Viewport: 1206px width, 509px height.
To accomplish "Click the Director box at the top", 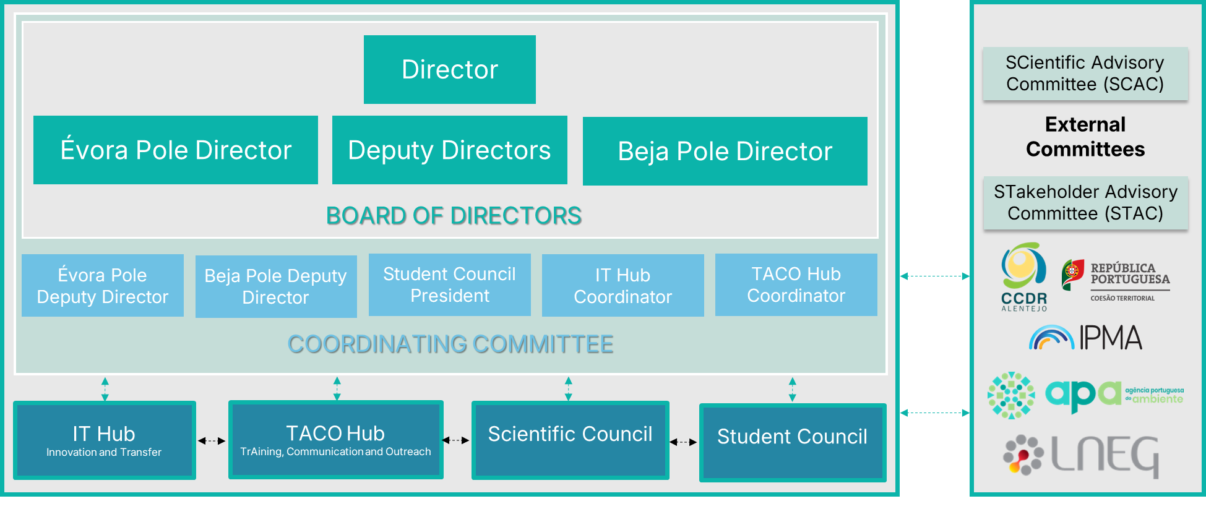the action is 450,69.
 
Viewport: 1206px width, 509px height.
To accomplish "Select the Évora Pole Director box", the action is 176,150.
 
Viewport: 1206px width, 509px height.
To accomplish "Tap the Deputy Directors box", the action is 450,150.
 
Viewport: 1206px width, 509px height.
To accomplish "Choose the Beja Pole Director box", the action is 725,151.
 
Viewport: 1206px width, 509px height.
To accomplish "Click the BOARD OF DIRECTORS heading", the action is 454,216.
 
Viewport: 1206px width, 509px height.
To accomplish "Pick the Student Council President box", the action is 450,284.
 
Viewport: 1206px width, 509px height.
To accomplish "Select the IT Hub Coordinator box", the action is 623,285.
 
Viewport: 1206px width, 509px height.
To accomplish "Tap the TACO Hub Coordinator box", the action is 796,284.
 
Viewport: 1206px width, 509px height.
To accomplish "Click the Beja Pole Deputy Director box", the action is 276,286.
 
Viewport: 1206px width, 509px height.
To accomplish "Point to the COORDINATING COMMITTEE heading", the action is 450,344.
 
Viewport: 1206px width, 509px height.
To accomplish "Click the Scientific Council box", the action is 571,440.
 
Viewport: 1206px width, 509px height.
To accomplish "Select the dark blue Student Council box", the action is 793,442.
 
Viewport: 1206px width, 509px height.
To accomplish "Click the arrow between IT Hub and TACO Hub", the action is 212,441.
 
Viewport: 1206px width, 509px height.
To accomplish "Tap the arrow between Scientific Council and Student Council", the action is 684,442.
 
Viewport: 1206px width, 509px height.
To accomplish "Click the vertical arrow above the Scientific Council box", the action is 569,389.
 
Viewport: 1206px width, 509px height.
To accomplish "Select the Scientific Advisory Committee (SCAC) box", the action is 1085,74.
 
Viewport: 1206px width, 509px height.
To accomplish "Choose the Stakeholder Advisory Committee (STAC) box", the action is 1086,203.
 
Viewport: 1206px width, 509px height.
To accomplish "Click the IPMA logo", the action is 1086,338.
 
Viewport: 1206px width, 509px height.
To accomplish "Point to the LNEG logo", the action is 1080,456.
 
